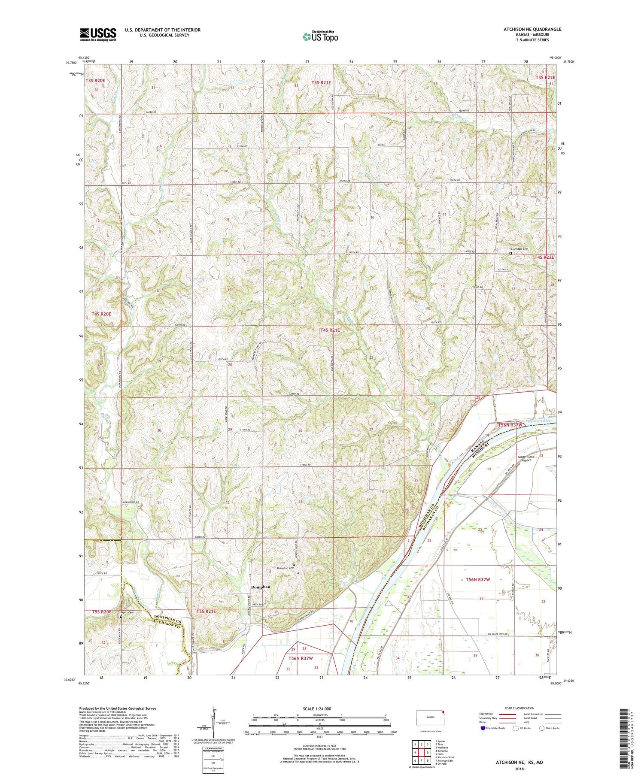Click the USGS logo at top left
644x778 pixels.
click(98, 34)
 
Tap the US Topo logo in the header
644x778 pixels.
click(320, 36)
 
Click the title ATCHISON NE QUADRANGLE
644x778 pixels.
click(532, 29)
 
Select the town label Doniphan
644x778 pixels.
click(261, 587)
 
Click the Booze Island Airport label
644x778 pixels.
click(526, 458)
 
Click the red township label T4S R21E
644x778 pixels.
click(330, 330)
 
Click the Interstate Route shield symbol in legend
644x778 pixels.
click(484, 728)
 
